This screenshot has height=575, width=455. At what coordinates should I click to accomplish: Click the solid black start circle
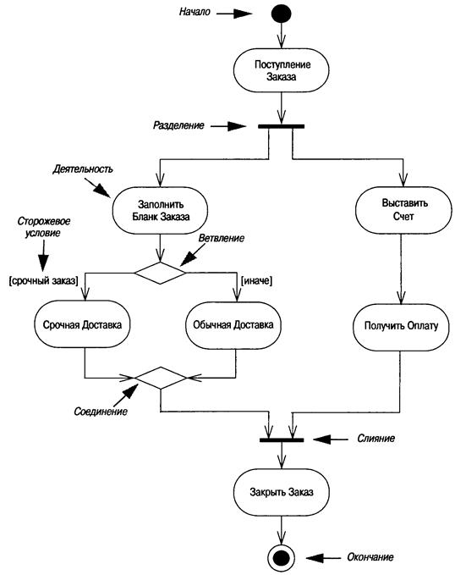281,14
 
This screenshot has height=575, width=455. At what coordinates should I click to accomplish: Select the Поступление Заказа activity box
281,70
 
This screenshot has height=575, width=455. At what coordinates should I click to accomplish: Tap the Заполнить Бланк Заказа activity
160,211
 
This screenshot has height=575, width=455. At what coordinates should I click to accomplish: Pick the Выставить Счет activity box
403,210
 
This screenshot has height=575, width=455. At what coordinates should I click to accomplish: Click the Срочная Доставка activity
82,324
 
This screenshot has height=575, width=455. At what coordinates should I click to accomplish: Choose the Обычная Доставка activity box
233,325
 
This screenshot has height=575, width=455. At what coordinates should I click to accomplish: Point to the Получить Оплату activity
401,326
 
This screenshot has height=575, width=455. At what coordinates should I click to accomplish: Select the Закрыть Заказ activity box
281,492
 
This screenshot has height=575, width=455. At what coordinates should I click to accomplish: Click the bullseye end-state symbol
281,558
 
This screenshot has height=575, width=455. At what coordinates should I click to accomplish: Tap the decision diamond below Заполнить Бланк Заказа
160,273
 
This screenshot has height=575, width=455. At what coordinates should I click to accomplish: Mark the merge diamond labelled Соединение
161,378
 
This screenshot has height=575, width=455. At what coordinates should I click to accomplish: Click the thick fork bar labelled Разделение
281,126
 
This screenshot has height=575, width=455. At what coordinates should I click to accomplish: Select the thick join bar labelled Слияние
282,440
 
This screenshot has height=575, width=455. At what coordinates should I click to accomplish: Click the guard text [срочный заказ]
44,281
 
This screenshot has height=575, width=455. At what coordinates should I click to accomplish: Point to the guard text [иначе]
256,281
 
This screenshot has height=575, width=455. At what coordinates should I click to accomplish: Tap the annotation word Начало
195,12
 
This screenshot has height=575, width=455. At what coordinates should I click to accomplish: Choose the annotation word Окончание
370,557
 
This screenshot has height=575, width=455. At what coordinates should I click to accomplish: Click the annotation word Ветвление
222,238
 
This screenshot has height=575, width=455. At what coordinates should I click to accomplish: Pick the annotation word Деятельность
83,169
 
